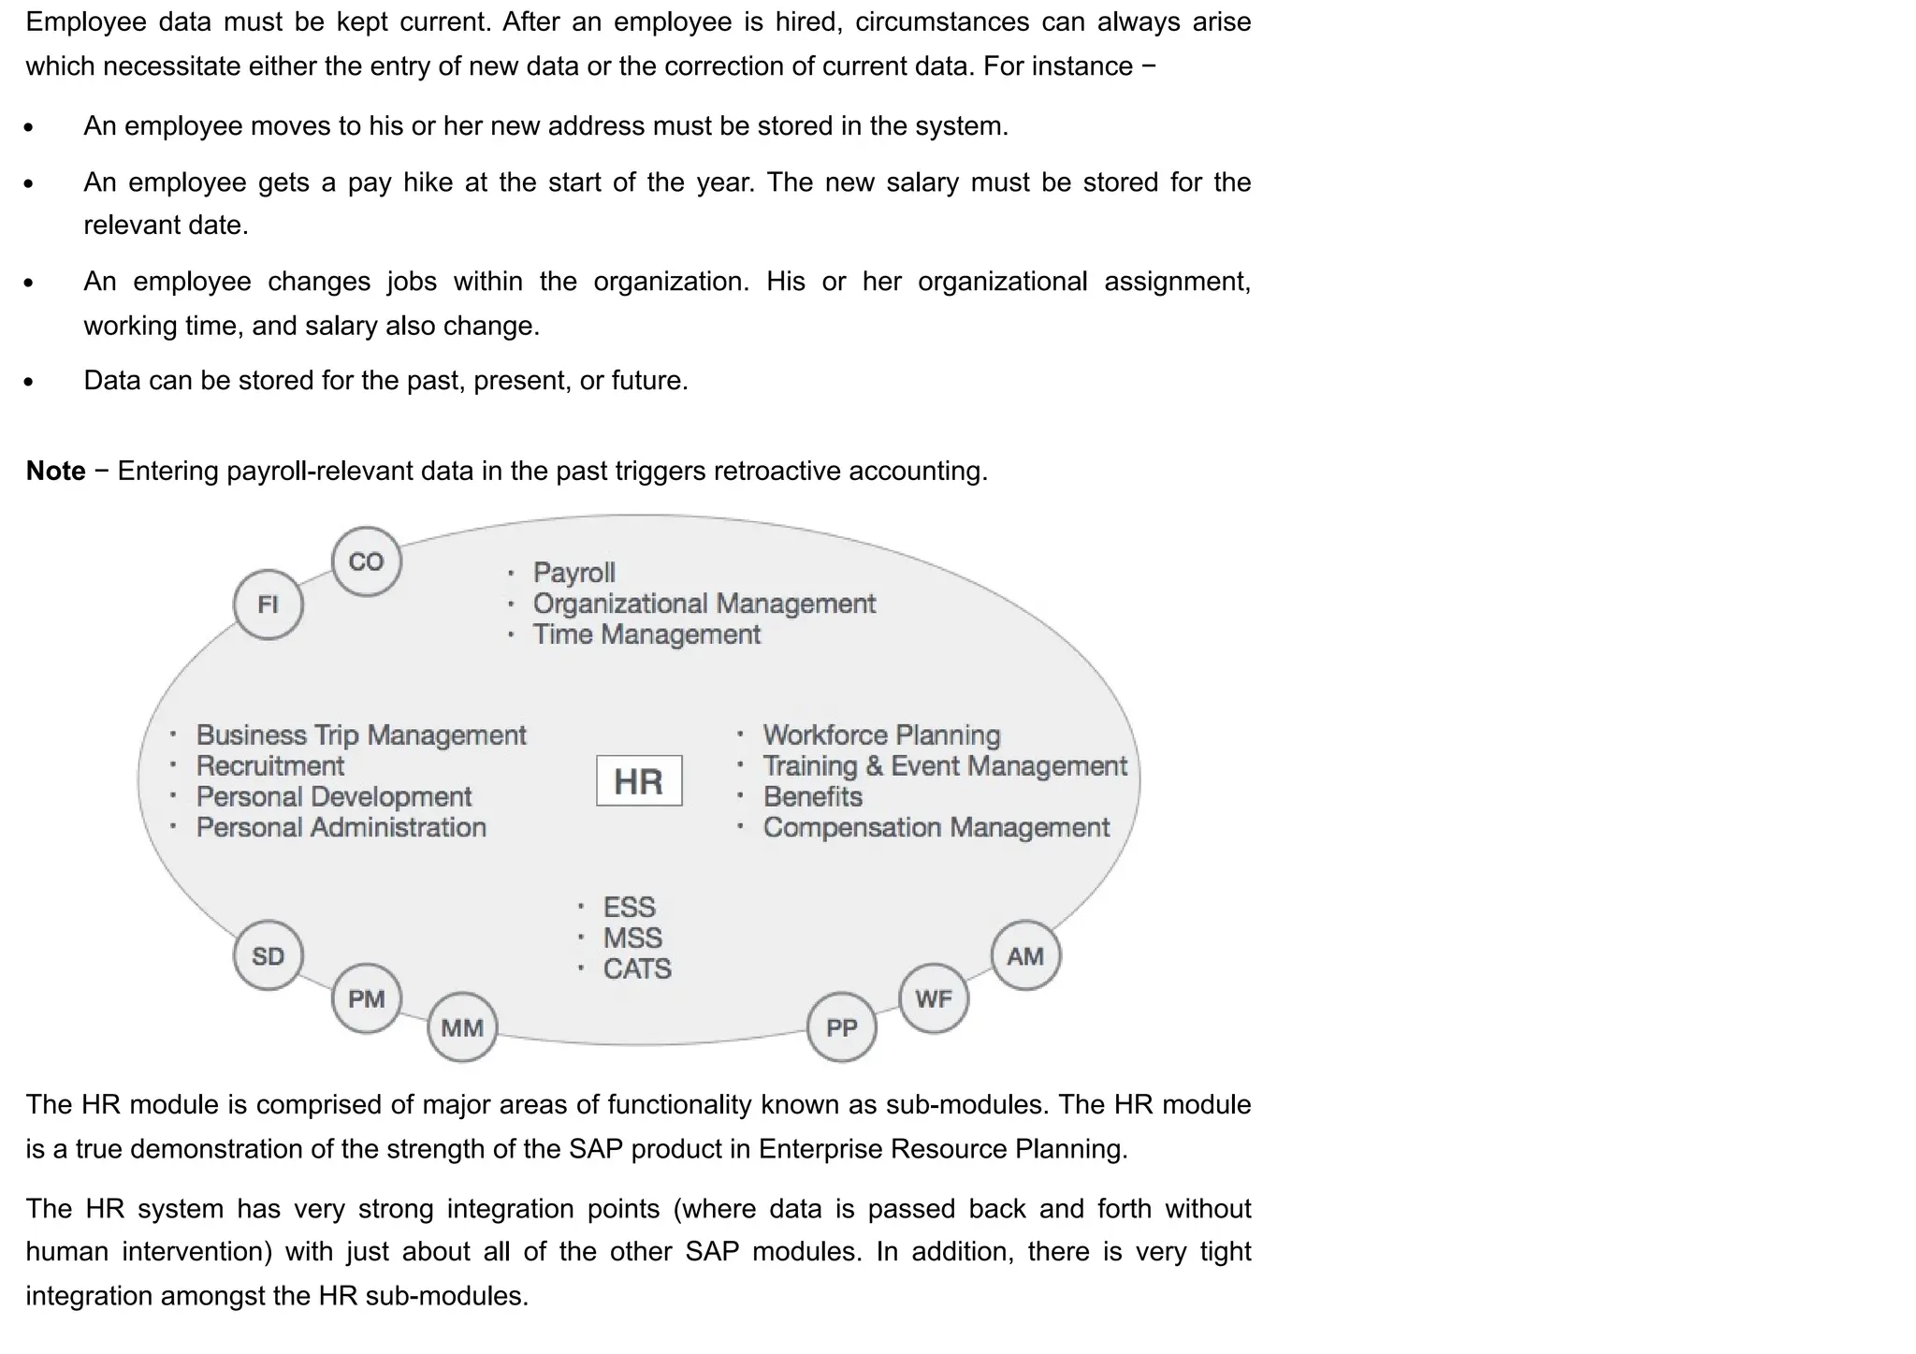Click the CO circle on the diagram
click(x=367, y=561)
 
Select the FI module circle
click(x=269, y=604)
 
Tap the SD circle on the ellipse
click(x=269, y=955)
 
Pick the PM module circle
click(x=367, y=998)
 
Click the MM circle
click(x=462, y=1027)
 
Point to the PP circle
click(x=842, y=1027)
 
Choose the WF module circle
click(x=934, y=998)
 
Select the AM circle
click(x=1025, y=955)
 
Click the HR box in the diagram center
click(x=639, y=780)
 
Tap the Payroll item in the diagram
click(x=573, y=573)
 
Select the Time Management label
click(x=646, y=634)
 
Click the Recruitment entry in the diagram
click(x=270, y=766)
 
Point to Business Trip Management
click(x=361, y=735)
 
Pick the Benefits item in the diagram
click(x=812, y=797)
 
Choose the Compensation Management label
click(x=936, y=828)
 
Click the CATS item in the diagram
click(x=637, y=968)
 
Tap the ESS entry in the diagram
click(x=629, y=907)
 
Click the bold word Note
click(x=56, y=471)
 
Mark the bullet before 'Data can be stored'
click(x=29, y=382)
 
